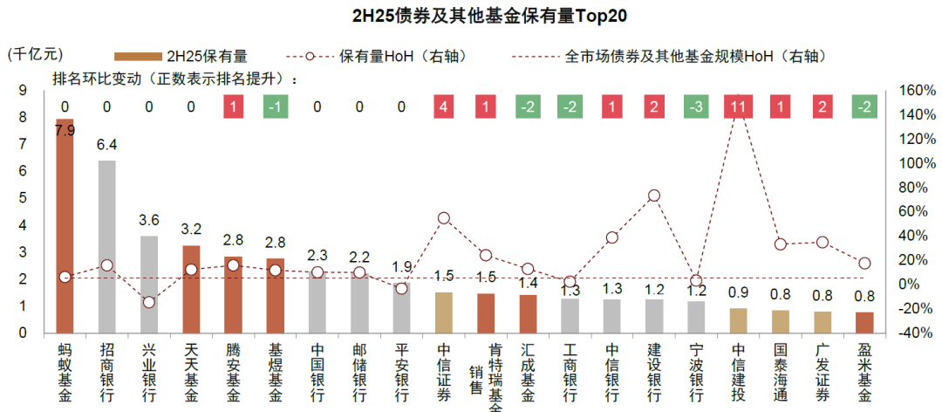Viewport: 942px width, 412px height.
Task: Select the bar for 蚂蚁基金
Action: pyautogui.click(x=65, y=227)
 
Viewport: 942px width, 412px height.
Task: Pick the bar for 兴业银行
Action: pyautogui.click(x=149, y=285)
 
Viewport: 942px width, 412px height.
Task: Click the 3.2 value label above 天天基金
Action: pyautogui.click(x=191, y=230)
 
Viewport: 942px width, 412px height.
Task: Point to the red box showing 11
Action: pyautogui.click(x=739, y=107)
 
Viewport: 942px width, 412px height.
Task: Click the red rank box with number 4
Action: pyautogui.click(x=444, y=107)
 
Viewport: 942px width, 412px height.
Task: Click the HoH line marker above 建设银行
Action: pyautogui.click(x=654, y=196)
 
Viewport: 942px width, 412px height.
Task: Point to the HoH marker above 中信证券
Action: pyautogui.click(x=444, y=218)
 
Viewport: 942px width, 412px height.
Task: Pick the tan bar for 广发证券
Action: pyautogui.click(x=823, y=322)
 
